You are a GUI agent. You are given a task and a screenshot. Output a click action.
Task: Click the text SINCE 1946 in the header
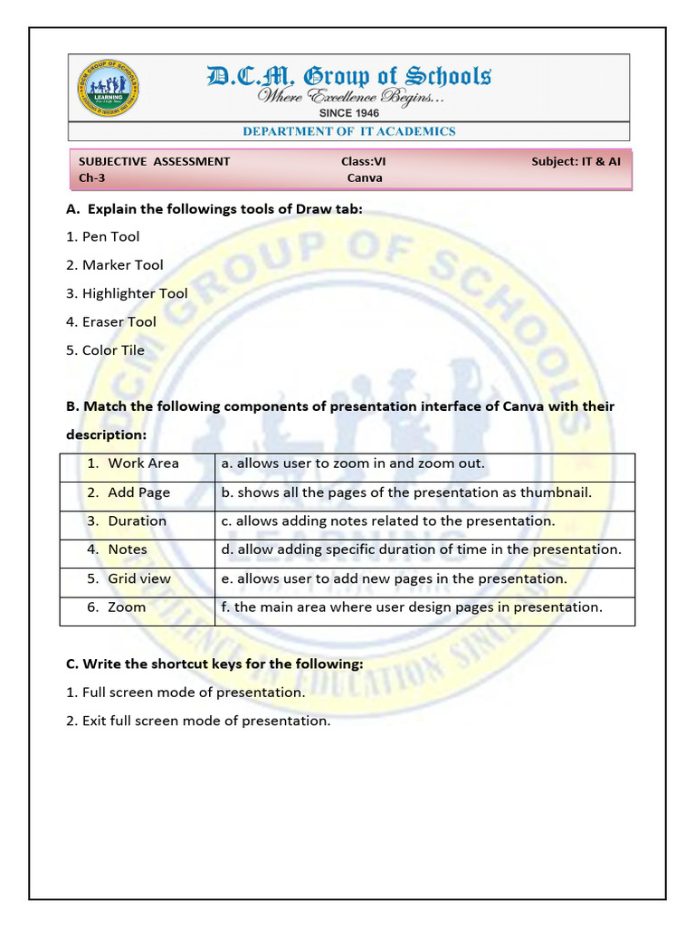click(x=348, y=113)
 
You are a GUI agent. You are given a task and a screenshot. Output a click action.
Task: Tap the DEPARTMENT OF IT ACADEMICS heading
click(x=348, y=131)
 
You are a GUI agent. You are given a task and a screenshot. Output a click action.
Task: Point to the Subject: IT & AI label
click(x=576, y=161)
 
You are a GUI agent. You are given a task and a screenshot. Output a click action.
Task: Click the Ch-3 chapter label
click(x=92, y=177)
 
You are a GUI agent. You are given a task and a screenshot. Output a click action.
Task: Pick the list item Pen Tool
click(x=102, y=236)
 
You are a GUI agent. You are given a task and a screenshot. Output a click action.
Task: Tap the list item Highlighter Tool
click(x=127, y=293)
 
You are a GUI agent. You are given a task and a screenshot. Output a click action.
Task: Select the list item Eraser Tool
click(x=110, y=321)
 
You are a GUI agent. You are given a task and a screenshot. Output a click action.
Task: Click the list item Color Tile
click(x=105, y=350)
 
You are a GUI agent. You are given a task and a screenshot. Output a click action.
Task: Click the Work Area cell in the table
click(x=138, y=463)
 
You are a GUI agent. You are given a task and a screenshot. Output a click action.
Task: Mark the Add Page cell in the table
click(x=138, y=492)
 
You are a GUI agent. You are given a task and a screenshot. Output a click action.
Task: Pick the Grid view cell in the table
click(x=138, y=578)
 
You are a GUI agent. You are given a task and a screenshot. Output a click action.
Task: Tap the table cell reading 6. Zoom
click(x=138, y=607)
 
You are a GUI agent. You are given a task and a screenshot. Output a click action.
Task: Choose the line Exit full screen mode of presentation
click(x=198, y=722)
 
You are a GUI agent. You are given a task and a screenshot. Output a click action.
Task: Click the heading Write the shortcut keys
click(x=214, y=664)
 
